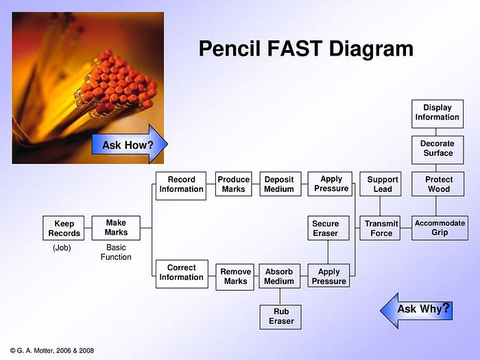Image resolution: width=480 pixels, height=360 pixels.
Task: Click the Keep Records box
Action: [x=64, y=228]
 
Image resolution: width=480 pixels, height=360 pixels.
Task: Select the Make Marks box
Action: [x=116, y=228]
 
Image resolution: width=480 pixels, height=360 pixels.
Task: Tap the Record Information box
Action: [x=181, y=185]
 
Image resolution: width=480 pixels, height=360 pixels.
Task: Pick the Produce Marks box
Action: [x=233, y=184]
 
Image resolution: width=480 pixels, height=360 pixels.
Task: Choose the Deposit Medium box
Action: [x=280, y=184]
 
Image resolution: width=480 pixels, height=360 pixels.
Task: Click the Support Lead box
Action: [x=383, y=184]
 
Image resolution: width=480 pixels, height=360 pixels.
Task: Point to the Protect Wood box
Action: [x=437, y=184]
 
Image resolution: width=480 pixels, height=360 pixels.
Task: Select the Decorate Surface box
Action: [x=437, y=149]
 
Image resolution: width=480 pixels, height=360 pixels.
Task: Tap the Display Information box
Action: [x=437, y=113]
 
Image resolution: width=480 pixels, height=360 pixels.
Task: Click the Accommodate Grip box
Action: [x=440, y=228]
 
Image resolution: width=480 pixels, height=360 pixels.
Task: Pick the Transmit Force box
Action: [x=381, y=228]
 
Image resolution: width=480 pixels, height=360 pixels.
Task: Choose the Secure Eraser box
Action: [x=326, y=228]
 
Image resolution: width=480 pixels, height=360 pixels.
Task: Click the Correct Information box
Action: [x=181, y=273]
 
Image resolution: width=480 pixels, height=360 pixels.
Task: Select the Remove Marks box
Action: [x=235, y=276]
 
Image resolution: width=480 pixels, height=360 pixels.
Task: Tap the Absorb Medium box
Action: [x=279, y=276]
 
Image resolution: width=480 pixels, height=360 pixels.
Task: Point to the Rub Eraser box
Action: [x=281, y=316]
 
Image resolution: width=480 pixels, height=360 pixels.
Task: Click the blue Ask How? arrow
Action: [x=130, y=145]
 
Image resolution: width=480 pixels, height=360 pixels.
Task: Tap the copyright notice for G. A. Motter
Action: [x=52, y=350]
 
